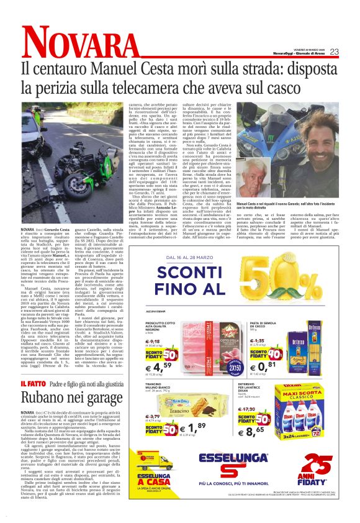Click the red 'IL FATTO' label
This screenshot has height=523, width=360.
coord(32,383)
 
